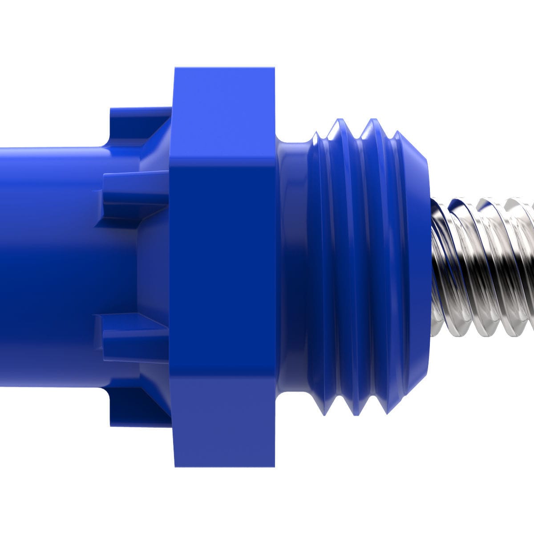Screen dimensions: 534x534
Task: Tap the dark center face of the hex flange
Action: coord(222,267)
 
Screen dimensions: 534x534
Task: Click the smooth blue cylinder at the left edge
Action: coord(44,267)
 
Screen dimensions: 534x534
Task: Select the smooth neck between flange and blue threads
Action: coord(291,267)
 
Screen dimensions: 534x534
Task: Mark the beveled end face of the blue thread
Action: coord(421,267)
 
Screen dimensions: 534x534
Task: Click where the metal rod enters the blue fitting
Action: coord(434,267)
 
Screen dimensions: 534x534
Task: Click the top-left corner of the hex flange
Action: coord(175,69)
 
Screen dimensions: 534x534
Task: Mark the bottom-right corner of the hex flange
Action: coord(274,465)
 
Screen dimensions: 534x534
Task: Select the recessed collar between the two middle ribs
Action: coord(151,267)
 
